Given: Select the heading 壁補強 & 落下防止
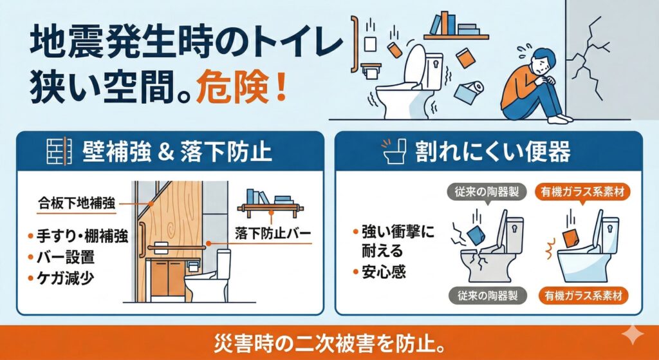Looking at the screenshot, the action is (177, 151).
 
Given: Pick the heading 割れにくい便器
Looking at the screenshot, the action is (492, 151).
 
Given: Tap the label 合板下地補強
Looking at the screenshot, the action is (77, 204).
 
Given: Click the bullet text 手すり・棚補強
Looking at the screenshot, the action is (82, 236).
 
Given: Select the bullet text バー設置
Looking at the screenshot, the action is (65, 257).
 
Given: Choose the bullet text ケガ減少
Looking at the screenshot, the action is (65, 278).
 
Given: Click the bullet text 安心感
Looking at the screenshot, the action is (384, 272).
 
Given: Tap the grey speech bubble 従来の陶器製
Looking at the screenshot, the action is (487, 192).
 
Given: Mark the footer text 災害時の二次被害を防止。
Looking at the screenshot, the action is (329, 345).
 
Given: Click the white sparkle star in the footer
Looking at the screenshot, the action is (632, 335).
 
